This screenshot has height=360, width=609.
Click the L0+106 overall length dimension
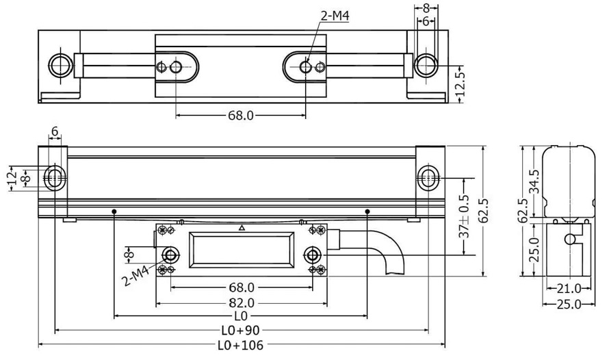(x=240, y=346)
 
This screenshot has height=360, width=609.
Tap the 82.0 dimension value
(x=241, y=302)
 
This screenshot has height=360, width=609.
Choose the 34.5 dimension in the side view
(x=535, y=181)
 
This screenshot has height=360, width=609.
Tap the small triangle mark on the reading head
(x=241, y=227)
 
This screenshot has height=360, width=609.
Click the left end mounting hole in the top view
(x=60, y=66)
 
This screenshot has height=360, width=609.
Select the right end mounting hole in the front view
(x=427, y=177)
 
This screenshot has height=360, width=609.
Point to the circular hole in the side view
(x=569, y=239)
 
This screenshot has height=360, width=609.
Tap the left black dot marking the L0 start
(x=114, y=211)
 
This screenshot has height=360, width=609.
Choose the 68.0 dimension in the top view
(x=240, y=116)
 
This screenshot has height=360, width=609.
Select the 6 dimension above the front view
(x=54, y=131)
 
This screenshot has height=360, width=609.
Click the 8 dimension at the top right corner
(x=426, y=9)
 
